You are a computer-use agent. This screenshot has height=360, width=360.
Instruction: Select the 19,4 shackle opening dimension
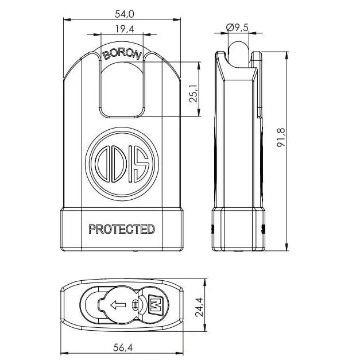[x=122, y=29]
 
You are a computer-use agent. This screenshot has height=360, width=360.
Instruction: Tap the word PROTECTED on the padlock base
[x=121, y=229]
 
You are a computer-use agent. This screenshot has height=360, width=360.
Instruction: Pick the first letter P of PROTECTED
[x=92, y=229]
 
